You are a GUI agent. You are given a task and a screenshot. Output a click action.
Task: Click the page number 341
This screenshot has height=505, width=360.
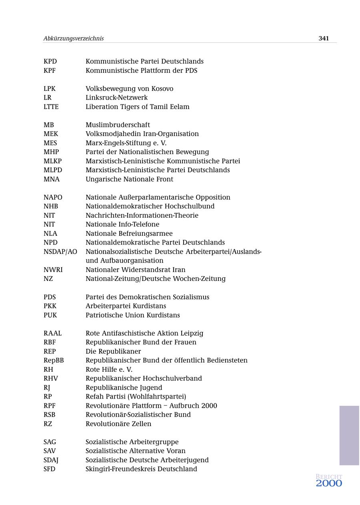324,38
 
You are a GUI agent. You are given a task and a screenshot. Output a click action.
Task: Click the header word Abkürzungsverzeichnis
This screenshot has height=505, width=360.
74,38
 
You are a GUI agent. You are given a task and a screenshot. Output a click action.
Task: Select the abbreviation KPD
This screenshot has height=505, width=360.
50,61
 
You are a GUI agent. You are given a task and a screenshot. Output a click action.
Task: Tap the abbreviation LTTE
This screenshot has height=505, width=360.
51,106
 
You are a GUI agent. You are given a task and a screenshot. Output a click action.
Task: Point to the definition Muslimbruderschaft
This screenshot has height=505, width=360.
118,125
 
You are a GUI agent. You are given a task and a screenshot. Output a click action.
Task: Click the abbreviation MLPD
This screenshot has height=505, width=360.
53,170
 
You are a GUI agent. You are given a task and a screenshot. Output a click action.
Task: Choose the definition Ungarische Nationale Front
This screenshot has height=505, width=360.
129,179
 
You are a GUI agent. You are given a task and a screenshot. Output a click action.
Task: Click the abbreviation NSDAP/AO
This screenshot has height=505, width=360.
60,251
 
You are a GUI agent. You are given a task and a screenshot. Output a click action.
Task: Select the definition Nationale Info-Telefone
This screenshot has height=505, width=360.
122,224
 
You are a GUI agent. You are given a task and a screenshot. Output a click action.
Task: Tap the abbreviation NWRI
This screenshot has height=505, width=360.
53,270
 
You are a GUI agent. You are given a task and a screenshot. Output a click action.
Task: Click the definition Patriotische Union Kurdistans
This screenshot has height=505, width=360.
133,315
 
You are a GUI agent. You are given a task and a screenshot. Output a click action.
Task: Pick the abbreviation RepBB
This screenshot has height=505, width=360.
54,360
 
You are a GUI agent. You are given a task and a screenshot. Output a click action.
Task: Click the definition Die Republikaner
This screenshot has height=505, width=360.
113,351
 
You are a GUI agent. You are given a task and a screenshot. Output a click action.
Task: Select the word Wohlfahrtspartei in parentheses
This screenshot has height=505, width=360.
161,397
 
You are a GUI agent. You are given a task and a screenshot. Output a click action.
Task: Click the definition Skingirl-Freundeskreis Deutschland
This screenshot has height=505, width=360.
141,469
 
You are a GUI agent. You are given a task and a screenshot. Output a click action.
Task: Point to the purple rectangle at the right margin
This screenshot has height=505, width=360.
349,435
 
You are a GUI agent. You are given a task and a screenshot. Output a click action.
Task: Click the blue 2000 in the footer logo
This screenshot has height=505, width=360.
329,483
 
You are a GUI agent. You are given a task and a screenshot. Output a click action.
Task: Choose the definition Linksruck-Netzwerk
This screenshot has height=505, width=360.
116,97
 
